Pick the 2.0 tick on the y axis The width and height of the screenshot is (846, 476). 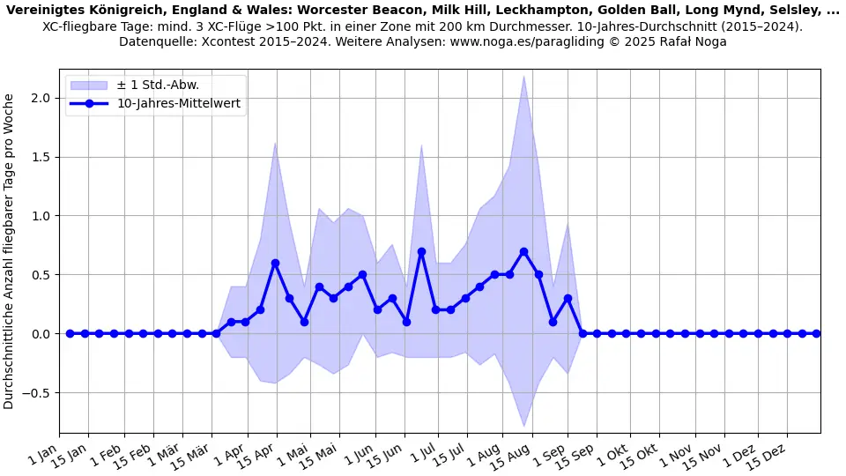[x=39, y=98]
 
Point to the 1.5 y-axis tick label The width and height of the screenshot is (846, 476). [x=39, y=157]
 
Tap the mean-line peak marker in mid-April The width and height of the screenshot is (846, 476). [x=275, y=263]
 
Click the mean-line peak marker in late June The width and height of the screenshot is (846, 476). [x=421, y=251]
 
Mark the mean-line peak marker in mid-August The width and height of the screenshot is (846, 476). [x=523, y=251]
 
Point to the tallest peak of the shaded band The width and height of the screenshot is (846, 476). [x=523, y=76]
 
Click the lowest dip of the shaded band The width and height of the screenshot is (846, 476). [x=523, y=427]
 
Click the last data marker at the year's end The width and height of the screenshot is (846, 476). [x=816, y=333]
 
